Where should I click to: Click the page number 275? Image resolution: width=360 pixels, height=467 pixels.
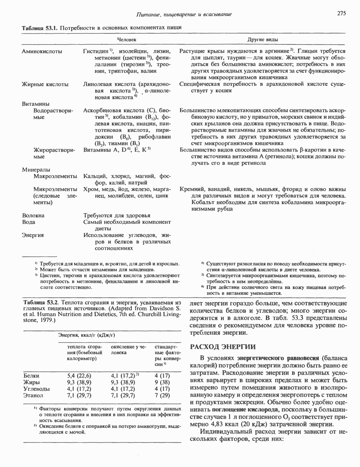point(341,14)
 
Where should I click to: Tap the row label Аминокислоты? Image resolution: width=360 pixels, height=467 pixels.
point(42,51)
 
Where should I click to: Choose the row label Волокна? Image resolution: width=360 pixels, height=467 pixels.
point(33,216)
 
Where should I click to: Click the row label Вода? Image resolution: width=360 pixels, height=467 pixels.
point(29,222)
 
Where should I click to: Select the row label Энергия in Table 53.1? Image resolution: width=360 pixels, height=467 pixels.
point(33,235)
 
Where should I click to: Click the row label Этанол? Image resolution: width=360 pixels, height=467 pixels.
point(33,395)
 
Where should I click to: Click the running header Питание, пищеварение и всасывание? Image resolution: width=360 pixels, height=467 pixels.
point(184,14)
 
